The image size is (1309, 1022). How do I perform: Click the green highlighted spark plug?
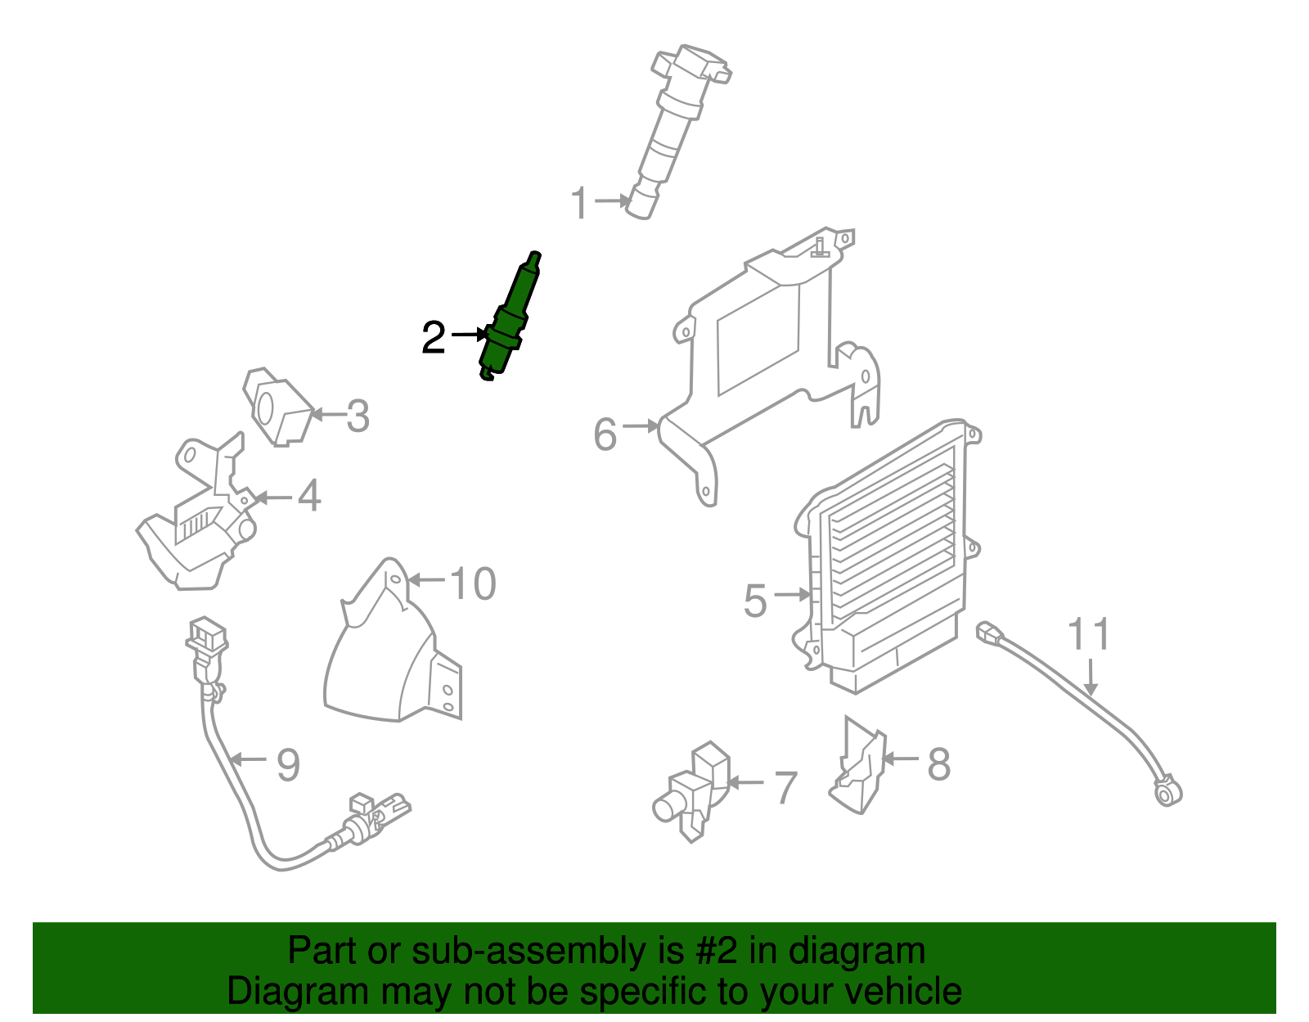click(x=509, y=318)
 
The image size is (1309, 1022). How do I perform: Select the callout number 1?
click(x=579, y=203)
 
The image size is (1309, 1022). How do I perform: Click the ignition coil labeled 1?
click(x=677, y=129)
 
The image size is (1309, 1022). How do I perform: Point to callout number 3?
click(x=358, y=416)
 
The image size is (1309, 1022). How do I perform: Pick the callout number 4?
click(x=309, y=496)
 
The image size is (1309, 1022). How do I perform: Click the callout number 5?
click(x=755, y=601)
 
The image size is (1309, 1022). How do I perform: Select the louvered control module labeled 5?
click(x=887, y=557)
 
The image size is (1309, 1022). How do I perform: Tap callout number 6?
click(x=605, y=434)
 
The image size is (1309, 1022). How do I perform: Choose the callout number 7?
click(x=785, y=788)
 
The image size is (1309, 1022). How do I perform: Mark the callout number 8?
click(x=938, y=763)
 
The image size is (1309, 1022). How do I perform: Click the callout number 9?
click(x=288, y=765)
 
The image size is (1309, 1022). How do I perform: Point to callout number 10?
click(x=473, y=583)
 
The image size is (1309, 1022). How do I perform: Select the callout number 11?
click(x=1088, y=634)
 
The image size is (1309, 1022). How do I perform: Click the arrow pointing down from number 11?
click(x=1091, y=677)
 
